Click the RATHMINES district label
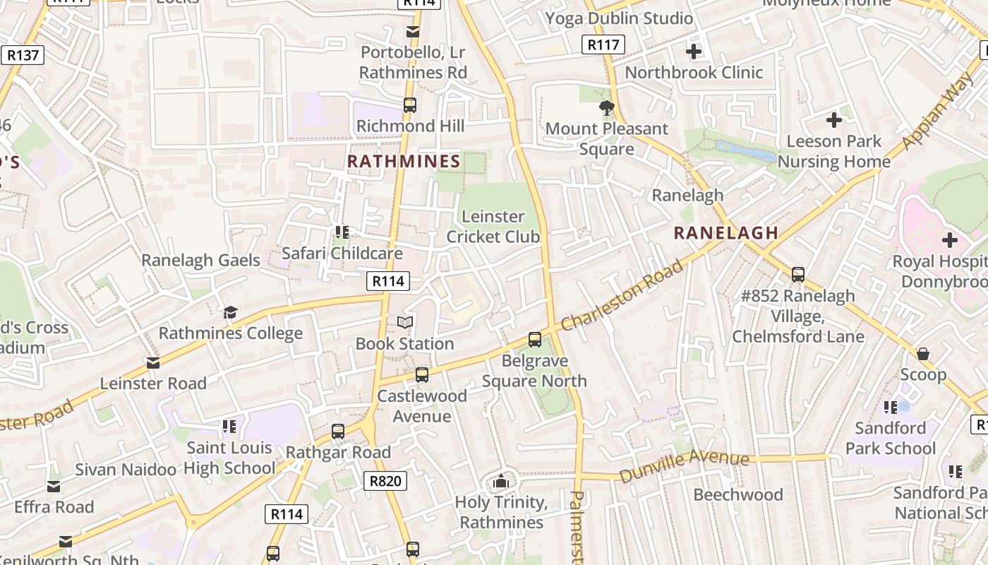[404, 162]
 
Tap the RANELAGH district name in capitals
[726, 232]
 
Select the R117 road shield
[603, 45]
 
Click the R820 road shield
[386, 482]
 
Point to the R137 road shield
[23, 54]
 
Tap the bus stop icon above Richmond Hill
[410, 105]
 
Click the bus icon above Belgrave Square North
[535, 340]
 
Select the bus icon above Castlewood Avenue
[422, 375]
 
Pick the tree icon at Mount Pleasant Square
[606, 108]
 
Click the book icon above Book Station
[404, 323]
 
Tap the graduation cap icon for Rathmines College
[230, 312]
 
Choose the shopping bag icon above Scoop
[923, 354]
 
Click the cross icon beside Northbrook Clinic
[694, 52]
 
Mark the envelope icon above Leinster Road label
[152, 363]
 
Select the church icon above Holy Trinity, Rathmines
[501, 482]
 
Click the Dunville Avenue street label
[684, 465]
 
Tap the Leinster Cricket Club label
[493, 227]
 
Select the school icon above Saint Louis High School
[229, 426]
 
